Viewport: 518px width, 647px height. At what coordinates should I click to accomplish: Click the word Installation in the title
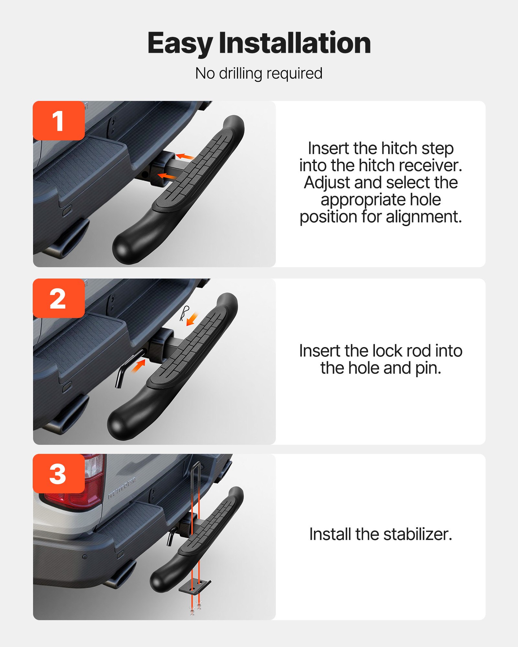(x=295, y=43)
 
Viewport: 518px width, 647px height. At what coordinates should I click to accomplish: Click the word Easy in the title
(x=180, y=43)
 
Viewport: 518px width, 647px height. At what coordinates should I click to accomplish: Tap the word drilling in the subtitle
(x=240, y=73)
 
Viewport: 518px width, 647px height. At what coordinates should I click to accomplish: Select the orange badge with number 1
(x=59, y=121)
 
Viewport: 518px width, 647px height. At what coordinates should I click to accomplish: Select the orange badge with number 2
(x=59, y=298)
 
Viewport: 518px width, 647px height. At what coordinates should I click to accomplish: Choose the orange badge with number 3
(x=59, y=474)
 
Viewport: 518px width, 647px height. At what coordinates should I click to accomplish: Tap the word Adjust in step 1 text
(x=327, y=183)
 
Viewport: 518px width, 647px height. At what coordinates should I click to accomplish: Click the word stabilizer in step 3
(x=418, y=534)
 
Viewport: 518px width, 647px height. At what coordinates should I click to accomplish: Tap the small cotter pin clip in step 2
(x=184, y=313)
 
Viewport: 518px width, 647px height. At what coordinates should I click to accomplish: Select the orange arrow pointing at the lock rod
(x=139, y=367)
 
